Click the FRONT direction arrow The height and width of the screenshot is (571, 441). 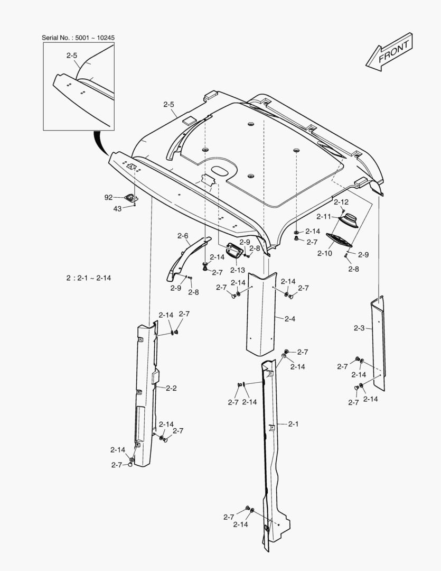point(389,52)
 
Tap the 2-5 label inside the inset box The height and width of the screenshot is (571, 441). point(72,55)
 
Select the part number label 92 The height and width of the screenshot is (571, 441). point(108,197)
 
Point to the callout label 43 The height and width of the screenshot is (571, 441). point(117,208)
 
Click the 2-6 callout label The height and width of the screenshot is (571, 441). point(183,236)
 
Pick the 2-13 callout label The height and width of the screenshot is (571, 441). point(237,270)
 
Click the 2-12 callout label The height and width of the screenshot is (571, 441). point(341,202)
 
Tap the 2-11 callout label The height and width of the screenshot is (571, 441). point(324,216)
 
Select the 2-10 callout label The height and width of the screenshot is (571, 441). point(324,253)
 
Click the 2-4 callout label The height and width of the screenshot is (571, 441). point(289,319)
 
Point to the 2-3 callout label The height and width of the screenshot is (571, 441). point(359,328)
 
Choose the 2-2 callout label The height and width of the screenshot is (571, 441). point(171,388)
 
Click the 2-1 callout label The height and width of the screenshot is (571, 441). point(294,424)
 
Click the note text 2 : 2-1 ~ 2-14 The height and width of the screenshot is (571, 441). point(89,278)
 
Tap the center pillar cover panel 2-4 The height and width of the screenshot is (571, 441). point(262,312)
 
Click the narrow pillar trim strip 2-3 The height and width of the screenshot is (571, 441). point(378,344)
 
